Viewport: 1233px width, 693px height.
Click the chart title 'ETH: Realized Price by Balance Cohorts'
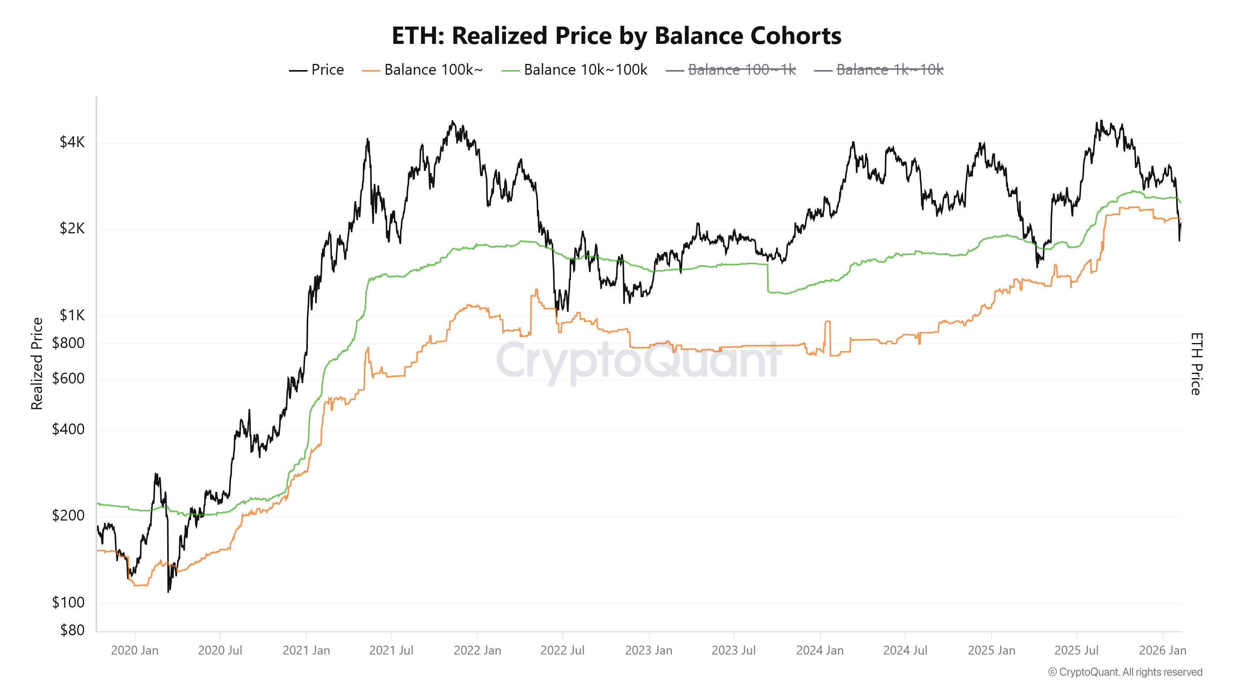616,35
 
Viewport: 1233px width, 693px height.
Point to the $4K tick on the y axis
72,142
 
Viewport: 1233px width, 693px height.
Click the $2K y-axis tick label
72,229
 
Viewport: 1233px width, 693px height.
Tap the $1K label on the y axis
72,315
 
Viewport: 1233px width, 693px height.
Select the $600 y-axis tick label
69,379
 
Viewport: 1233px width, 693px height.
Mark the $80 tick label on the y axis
72,630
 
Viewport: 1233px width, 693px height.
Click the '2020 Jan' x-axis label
134,650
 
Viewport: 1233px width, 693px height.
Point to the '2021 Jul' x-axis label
391,650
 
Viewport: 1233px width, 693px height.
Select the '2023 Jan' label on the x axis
648,650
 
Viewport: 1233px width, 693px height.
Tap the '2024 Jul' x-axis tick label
905,650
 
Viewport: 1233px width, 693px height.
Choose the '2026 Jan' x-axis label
1162,650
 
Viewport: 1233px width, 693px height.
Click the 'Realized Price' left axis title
37,363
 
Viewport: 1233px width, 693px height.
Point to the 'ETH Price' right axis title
1196,363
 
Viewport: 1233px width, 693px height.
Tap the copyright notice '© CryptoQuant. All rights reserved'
1125,672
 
